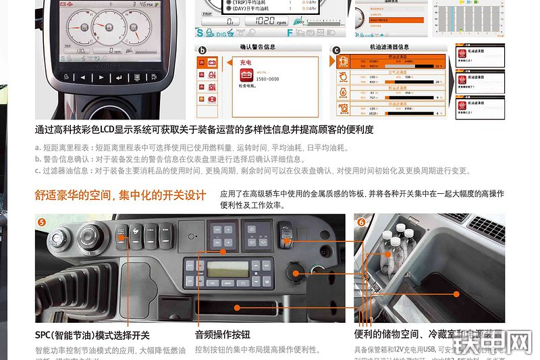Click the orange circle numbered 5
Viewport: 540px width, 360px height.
[42, 222]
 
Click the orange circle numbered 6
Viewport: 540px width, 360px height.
[361, 222]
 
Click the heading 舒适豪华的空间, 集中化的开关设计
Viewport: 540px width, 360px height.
[120, 195]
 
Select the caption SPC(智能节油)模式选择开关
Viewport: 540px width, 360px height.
[92, 335]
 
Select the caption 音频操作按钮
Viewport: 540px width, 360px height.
[222, 335]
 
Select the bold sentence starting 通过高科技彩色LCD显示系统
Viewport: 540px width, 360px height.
[204, 130]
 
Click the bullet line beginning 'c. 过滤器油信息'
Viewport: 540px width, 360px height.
[252, 171]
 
